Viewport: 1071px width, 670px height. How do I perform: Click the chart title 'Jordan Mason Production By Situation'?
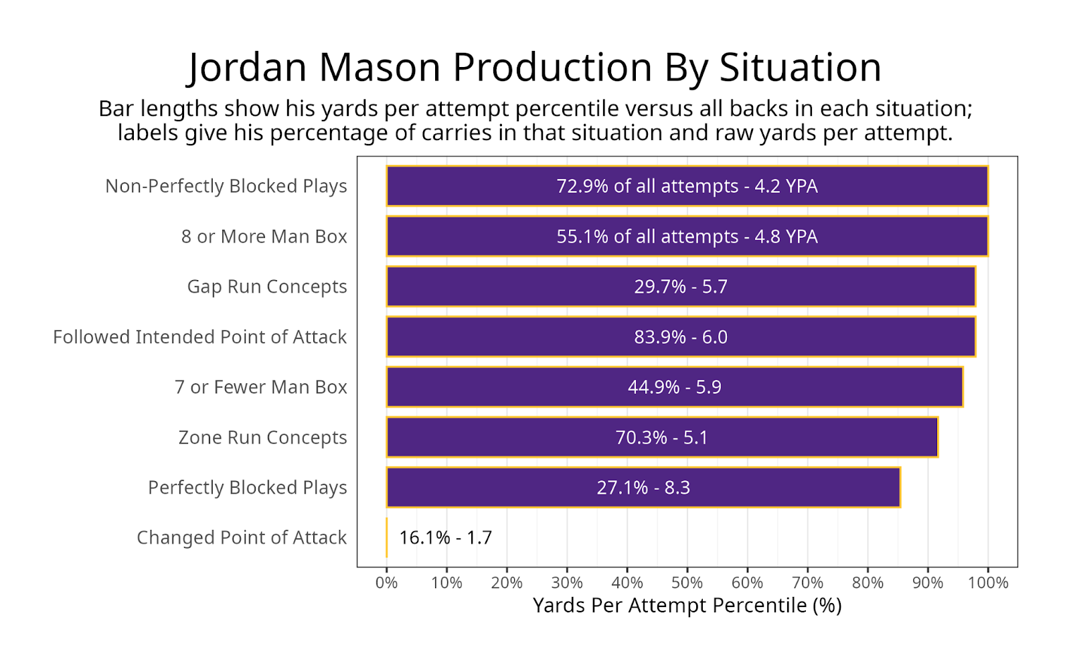534,67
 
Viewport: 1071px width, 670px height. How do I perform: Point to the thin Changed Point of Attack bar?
387,537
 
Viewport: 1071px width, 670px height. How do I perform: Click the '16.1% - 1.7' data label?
445,537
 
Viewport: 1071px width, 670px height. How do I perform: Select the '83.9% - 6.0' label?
680,336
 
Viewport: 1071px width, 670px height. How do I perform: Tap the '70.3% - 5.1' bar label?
661,437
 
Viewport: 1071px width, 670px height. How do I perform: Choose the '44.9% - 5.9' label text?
674,387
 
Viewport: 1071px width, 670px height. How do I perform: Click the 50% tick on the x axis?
687,582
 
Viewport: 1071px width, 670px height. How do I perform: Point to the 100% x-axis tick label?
987,582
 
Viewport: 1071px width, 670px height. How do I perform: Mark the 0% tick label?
387,582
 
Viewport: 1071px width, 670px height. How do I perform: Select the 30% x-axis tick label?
567,582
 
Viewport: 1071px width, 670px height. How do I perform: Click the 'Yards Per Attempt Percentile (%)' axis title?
687,605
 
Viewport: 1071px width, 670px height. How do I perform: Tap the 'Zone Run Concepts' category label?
262,437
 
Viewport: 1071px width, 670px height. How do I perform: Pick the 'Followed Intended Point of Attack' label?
199,336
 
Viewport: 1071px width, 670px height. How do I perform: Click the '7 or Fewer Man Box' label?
260,387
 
